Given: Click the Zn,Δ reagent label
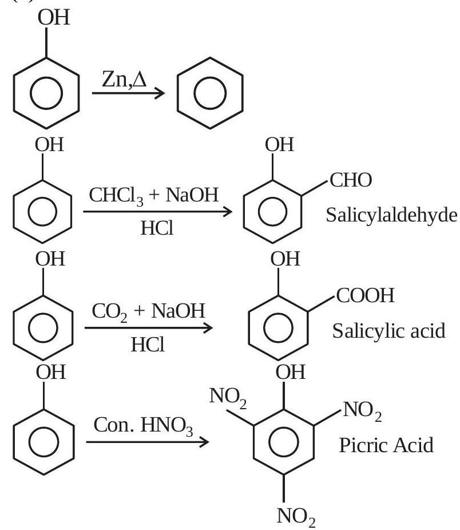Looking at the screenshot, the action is click(124, 80).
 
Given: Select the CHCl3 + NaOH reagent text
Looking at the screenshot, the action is click(154, 196).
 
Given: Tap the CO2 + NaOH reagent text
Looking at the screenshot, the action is click(148, 311).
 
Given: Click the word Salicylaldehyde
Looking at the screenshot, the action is click(391, 215).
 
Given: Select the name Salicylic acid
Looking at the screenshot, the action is click(388, 331).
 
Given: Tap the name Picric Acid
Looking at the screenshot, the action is click(386, 445).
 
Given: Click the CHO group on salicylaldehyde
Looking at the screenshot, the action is click(351, 180).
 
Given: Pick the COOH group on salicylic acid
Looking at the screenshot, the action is click(366, 295).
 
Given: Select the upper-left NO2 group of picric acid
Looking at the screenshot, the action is click(228, 397).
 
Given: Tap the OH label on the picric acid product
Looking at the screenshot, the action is click(290, 372).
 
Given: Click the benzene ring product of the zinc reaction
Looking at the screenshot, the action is click(210, 93).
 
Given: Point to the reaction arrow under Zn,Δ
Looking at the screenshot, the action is click(128, 93).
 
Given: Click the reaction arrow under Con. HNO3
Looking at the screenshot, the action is click(148, 442).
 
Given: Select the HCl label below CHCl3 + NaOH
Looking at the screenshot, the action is click(157, 228).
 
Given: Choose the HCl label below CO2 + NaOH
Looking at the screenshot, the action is click(148, 345).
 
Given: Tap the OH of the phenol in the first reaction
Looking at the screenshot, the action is click(54, 18).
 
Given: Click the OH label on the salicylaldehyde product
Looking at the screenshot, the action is click(280, 145).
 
